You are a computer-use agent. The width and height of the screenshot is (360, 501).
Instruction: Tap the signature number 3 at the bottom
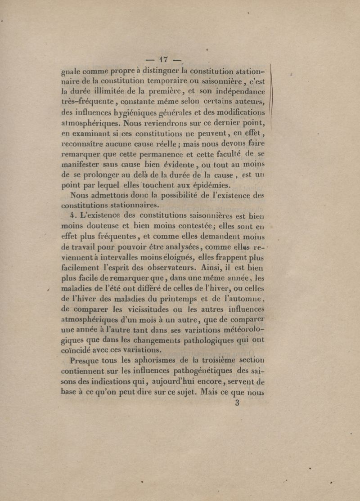(237, 403)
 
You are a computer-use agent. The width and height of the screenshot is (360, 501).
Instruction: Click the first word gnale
(71, 72)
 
